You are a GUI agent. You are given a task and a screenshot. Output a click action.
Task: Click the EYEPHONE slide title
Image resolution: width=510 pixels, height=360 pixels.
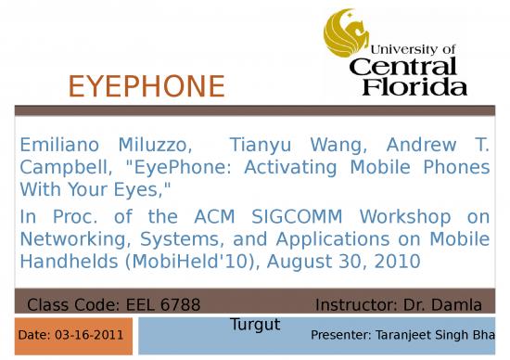(x=147, y=87)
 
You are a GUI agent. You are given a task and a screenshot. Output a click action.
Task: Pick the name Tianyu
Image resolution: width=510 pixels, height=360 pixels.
(x=268, y=146)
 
